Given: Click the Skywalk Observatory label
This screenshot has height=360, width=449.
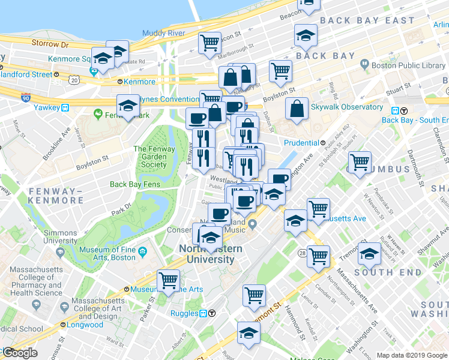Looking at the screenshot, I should pyautogui.click(x=347, y=107).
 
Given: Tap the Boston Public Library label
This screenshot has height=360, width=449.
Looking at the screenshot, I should pyautogui.click(x=408, y=66).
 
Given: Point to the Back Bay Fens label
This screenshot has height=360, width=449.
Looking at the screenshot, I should pyautogui.click(x=134, y=184).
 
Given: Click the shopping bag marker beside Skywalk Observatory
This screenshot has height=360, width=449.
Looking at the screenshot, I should pyautogui.click(x=297, y=110).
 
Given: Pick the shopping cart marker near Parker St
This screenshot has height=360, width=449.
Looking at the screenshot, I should pyautogui.click(x=169, y=280).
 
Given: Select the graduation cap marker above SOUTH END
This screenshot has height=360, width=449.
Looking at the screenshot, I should pyautogui.click(x=369, y=253).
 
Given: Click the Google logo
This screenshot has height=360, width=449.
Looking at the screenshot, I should pyautogui.click(x=20, y=353).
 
